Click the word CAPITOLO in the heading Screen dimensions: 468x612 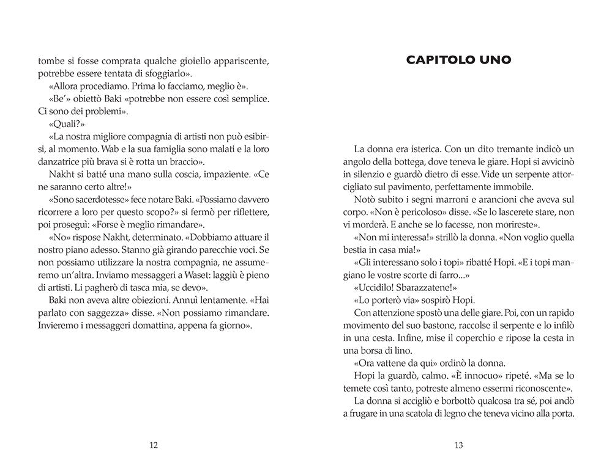pyautogui.click(x=439, y=60)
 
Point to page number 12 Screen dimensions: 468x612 pyautogui.click(x=154, y=445)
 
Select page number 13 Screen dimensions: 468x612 pyautogui.click(x=458, y=445)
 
